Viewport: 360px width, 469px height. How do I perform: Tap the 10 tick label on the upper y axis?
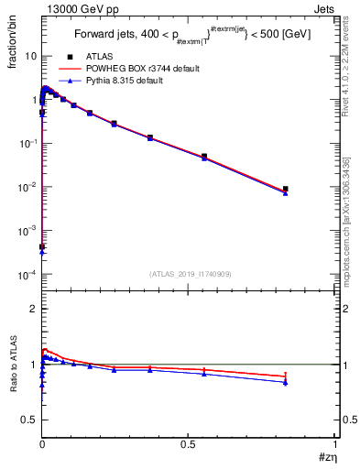(30, 56)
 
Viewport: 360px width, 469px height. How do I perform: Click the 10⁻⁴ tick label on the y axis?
(27, 275)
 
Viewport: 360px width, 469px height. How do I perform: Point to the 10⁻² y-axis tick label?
(27, 187)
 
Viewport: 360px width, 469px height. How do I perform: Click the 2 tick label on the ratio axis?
(33, 309)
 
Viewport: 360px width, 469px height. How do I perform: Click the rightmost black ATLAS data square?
(286, 189)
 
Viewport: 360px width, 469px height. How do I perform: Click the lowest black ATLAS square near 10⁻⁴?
(42, 247)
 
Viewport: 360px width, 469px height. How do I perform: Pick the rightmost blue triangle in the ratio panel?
(286, 382)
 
